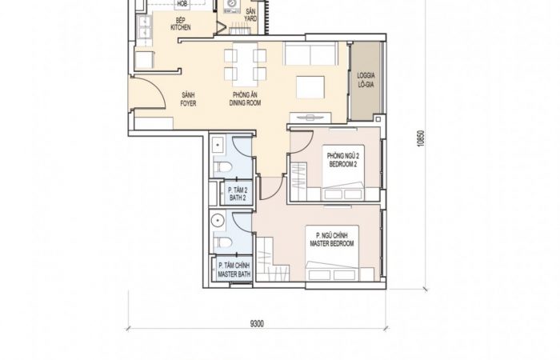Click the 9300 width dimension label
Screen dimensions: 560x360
tap(257, 324)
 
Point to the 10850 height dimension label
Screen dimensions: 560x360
tap(421, 138)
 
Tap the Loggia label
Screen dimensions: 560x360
tap(366, 80)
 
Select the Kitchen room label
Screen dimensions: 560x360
tap(181, 24)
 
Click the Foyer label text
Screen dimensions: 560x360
tap(188, 99)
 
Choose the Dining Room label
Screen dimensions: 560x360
tap(245, 99)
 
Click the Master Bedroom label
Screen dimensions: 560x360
tap(332, 240)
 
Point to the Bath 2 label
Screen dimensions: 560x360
tap(238, 194)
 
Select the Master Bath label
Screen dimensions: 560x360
tap(234, 270)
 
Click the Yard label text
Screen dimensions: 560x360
tap(250, 15)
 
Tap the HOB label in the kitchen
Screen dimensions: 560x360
tap(182, 4)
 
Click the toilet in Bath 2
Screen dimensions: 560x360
tap(222, 166)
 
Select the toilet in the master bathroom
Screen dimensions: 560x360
tap(222, 242)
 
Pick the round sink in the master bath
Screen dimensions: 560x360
tap(217, 221)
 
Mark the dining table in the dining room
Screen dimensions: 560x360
tap(245, 65)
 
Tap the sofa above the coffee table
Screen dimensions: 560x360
tap(310, 54)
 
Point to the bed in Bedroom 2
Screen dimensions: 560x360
tap(343, 173)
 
